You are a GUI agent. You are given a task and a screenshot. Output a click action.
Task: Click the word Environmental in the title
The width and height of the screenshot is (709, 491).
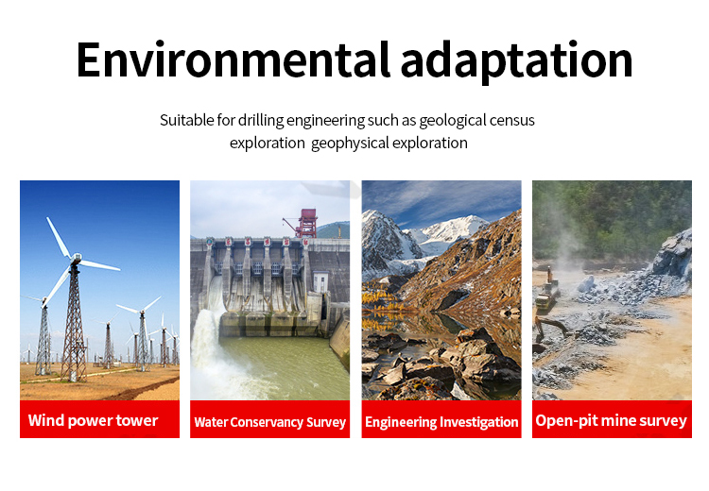233,59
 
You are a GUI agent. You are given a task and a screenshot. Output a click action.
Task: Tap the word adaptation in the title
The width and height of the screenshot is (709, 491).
516,62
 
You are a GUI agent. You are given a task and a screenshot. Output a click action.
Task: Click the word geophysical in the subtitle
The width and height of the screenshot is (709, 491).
350,144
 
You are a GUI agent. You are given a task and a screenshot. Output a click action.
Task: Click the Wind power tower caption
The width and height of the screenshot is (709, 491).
94,420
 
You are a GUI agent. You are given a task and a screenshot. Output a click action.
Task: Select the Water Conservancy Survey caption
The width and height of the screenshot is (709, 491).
270,422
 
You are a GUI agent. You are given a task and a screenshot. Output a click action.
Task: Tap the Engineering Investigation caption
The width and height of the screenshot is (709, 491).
441,422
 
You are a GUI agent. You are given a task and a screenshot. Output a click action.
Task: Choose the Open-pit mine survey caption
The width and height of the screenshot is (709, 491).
612,420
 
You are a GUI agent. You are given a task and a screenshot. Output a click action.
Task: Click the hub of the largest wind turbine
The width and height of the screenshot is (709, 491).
75,259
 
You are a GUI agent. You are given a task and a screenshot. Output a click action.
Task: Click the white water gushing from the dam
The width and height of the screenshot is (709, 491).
209,347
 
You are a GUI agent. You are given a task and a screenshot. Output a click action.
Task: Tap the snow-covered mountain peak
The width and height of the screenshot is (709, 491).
452,229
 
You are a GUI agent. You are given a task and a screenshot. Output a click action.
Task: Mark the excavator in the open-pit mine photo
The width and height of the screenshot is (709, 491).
548,294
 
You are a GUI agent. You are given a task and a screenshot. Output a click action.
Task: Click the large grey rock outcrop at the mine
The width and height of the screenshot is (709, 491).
673,255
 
